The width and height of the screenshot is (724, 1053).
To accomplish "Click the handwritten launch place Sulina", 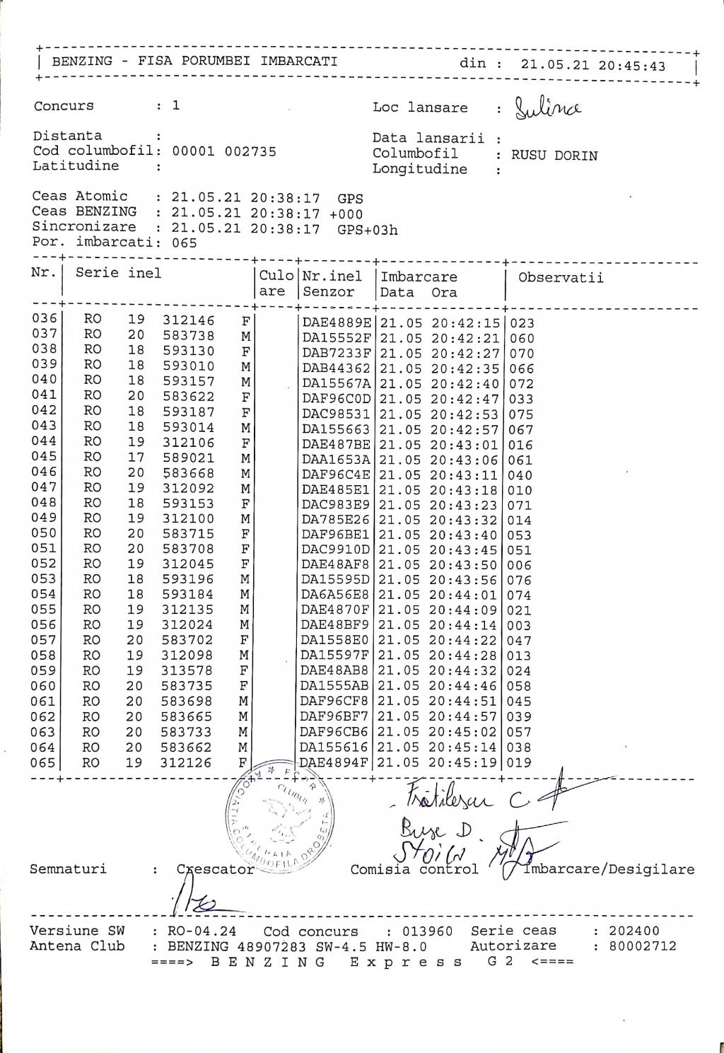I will click(548, 107).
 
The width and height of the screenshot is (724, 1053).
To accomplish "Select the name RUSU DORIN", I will click(554, 156).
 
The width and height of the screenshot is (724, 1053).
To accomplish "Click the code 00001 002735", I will click(224, 151).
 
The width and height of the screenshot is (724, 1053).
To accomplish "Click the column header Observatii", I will click(561, 277).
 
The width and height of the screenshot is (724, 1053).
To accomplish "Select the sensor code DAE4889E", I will click(337, 323).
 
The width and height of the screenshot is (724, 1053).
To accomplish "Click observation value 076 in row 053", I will click(520, 581).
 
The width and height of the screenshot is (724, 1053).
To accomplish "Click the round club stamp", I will click(279, 820).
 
